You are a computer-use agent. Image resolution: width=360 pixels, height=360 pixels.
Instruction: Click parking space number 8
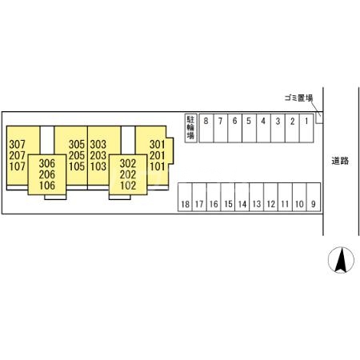tap(206, 128)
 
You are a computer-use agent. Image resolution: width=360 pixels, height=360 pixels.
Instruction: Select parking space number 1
tap(306, 128)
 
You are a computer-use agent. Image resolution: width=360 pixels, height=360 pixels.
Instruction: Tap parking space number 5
tap(249, 128)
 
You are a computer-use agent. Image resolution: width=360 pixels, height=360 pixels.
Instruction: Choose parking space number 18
tap(185, 197)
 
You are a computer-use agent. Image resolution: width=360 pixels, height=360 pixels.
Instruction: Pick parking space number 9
tap(314, 197)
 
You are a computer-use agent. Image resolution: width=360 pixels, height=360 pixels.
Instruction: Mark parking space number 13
tap(257, 197)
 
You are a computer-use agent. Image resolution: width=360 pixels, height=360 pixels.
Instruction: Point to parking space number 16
tap(214, 197)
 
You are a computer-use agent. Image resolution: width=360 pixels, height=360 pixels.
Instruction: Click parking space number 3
tap(278, 128)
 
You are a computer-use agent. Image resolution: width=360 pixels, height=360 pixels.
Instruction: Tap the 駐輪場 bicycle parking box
tap(191, 128)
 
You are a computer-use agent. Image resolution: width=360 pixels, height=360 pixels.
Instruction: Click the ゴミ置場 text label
tap(298, 98)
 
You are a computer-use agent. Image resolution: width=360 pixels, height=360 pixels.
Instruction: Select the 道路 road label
tap(340, 161)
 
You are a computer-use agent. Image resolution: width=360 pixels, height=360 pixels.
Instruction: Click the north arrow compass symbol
tap(341, 260)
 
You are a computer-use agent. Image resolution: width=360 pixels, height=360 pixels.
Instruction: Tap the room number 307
tap(17, 145)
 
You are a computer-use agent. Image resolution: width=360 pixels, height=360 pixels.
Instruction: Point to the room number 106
tap(47, 186)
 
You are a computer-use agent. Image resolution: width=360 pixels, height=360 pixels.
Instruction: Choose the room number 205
tap(77, 155)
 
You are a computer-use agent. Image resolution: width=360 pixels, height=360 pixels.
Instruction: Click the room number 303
tap(98, 145)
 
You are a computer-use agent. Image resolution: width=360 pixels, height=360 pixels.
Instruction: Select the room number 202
tap(128, 174)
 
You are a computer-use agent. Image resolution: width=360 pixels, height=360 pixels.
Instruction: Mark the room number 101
tap(158, 166)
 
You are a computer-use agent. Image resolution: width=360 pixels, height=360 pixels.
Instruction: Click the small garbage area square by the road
tap(319, 118)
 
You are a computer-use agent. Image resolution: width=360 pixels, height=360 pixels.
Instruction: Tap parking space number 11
tap(285, 197)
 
